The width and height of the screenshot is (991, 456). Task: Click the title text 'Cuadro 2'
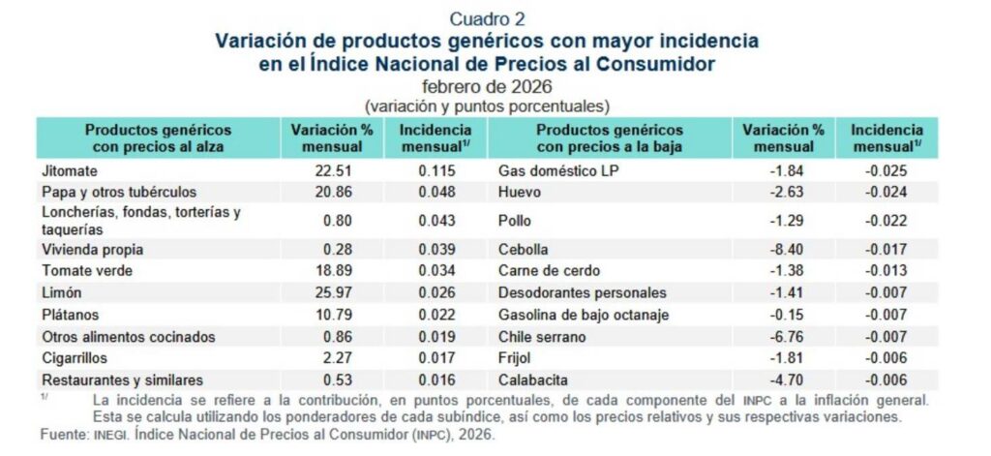(488, 18)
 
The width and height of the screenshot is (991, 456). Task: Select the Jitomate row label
(68, 170)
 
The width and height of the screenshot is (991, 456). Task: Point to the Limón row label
(62, 291)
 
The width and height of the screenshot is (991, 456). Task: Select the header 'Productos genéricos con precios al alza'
(158, 137)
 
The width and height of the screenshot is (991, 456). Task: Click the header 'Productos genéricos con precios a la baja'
(610, 137)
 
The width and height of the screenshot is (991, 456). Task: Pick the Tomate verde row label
(87, 270)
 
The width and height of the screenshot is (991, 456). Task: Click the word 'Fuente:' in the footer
(63, 435)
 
